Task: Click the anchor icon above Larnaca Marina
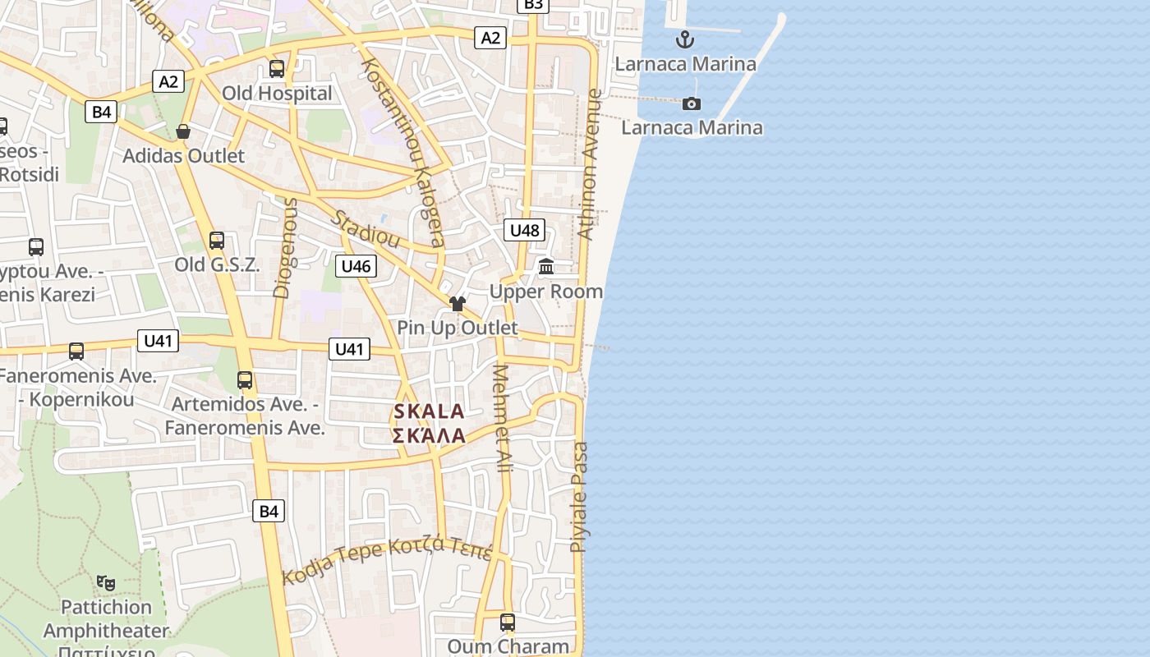tap(685, 39)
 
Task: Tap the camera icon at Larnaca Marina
tap(692, 103)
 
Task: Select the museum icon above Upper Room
tap(546, 266)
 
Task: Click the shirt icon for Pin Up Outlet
tap(458, 304)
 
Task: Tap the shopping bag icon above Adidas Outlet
tap(183, 131)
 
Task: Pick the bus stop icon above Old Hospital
tap(277, 69)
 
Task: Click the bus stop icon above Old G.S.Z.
tap(217, 240)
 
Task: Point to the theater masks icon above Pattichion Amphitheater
tap(106, 583)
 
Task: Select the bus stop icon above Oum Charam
tap(508, 623)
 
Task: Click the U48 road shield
tap(524, 230)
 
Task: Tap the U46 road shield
tap(356, 265)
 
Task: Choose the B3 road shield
tap(533, 5)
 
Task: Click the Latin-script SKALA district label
tap(429, 411)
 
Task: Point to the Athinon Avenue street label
tap(591, 164)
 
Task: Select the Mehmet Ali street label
tap(501, 418)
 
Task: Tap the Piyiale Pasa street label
tap(580, 497)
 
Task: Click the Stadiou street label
tap(366, 229)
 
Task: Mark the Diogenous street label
tap(285, 247)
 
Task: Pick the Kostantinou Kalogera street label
tap(403, 152)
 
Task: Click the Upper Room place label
tap(546, 292)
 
